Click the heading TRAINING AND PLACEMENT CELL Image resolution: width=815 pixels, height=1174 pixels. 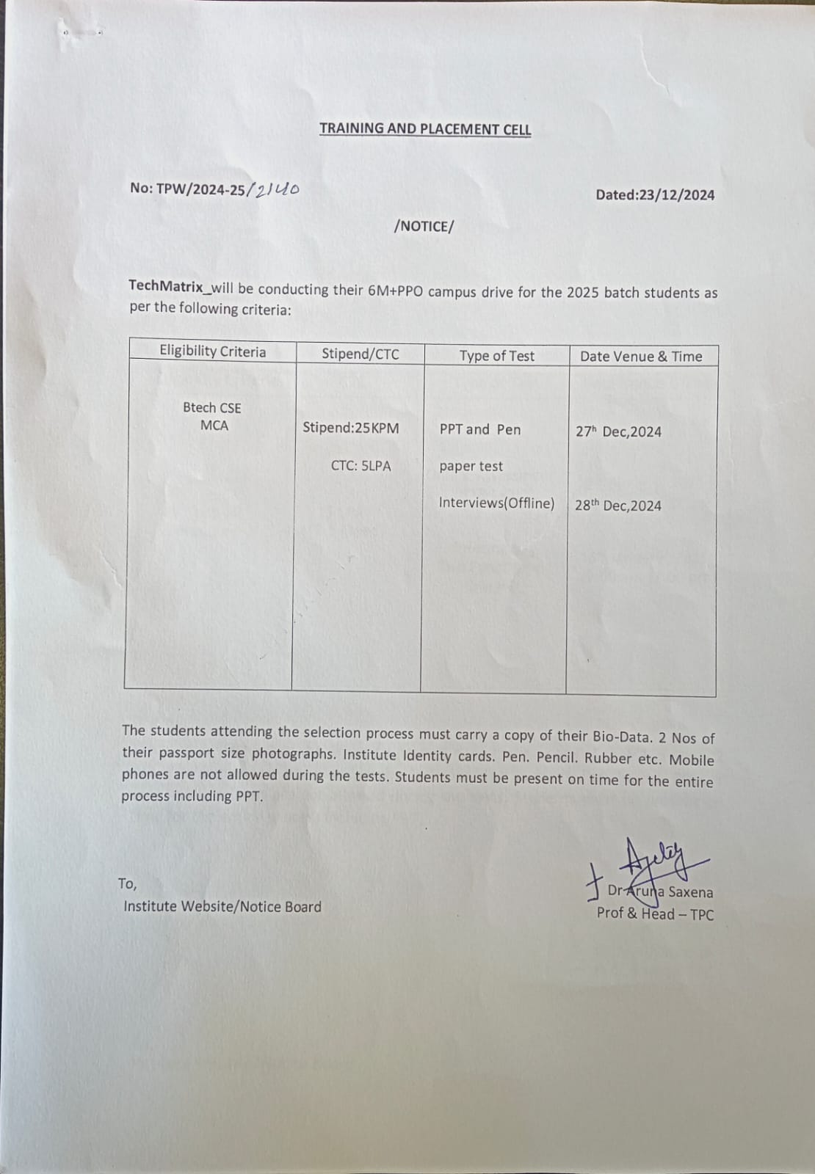click(x=424, y=129)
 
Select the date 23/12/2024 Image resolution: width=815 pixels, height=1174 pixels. click(x=676, y=195)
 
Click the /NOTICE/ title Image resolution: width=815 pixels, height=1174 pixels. click(x=424, y=226)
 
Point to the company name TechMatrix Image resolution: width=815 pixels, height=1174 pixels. click(x=166, y=286)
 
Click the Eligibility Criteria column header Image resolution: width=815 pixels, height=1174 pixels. click(x=213, y=351)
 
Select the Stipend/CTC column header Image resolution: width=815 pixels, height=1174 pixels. click(x=360, y=354)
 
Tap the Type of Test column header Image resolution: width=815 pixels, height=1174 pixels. click(x=496, y=356)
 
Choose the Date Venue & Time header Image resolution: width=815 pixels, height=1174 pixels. click(x=641, y=357)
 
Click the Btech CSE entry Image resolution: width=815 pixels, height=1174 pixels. click(x=211, y=408)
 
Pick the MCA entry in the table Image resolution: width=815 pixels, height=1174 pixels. click(x=214, y=426)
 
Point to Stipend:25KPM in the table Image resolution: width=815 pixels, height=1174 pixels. click(x=350, y=428)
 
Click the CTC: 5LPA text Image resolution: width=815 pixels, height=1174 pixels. click(x=361, y=465)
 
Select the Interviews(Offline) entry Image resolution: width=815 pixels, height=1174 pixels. click(x=496, y=503)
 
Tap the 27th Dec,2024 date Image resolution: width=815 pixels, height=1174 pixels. click(x=618, y=431)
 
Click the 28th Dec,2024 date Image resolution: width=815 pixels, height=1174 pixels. click(x=617, y=506)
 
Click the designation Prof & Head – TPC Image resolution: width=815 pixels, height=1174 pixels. click(x=654, y=914)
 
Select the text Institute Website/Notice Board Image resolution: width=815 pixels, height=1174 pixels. click(x=222, y=907)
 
